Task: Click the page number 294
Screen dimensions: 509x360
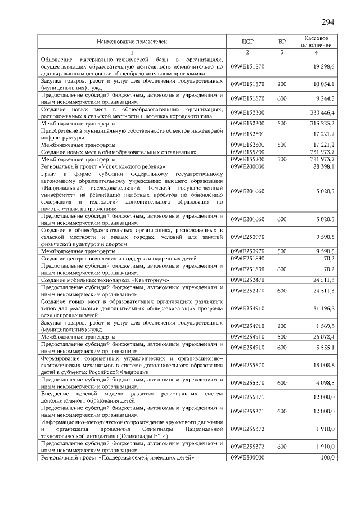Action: point(328,22)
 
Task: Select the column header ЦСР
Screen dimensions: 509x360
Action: point(247,42)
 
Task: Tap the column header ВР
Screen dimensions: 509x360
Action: point(282,42)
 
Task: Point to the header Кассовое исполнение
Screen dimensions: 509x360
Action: point(316,42)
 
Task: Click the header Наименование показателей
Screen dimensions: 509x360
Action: point(132,42)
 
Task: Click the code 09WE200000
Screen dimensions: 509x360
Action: point(247,166)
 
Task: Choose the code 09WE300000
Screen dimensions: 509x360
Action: point(247,458)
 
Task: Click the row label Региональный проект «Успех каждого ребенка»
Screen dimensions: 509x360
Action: point(103,166)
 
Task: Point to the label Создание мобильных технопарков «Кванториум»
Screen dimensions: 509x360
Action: point(105,279)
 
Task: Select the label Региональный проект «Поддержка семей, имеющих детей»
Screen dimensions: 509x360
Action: point(118,458)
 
